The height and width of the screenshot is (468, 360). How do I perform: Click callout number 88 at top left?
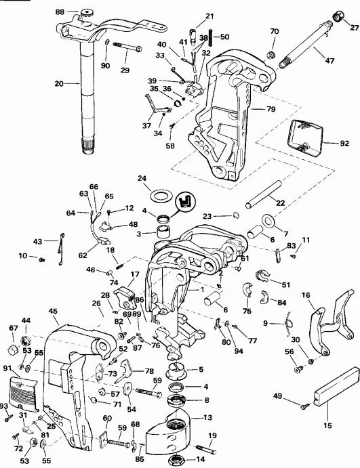(60, 12)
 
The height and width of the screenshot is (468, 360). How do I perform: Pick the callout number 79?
(271, 108)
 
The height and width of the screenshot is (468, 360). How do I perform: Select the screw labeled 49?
(306, 405)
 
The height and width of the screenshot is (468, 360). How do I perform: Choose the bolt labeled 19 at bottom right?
(204, 446)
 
